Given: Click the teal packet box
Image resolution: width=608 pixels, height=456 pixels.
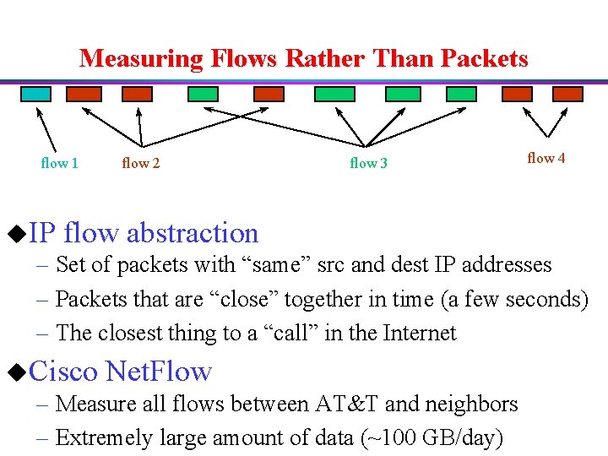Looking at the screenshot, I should [x=35, y=94].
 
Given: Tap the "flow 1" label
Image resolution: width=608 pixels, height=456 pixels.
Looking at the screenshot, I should [x=59, y=163].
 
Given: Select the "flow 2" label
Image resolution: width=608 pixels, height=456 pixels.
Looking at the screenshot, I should [x=140, y=163].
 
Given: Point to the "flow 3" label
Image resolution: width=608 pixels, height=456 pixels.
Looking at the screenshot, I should [x=368, y=163].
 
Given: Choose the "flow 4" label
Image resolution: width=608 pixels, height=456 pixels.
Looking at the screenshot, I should [x=546, y=158].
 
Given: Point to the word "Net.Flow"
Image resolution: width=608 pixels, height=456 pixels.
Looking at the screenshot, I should [x=159, y=370].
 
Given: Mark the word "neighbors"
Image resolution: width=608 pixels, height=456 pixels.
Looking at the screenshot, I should [x=472, y=404].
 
